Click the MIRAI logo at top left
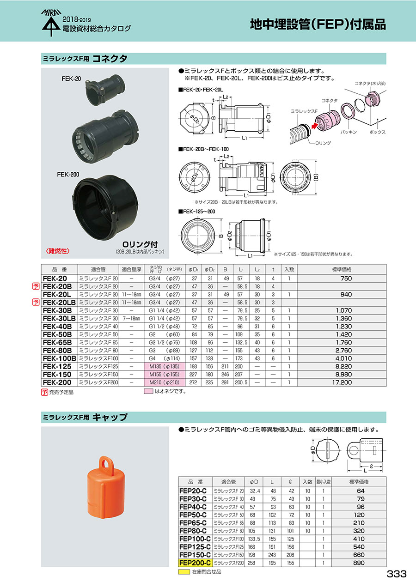[51, 23]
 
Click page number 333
[396, 574]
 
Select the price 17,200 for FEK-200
[342, 382]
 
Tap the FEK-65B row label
[57, 343]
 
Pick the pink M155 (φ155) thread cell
[165, 374]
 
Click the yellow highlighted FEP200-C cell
[195, 563]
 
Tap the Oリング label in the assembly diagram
[323, 143]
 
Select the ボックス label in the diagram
[378, 132]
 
